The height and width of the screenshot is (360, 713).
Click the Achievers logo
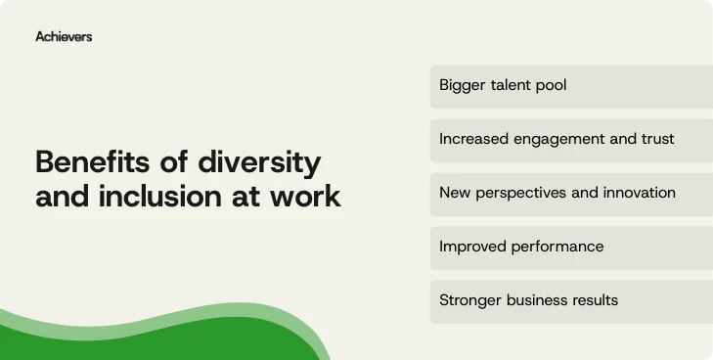[x=64, y=36]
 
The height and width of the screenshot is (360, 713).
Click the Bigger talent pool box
[x=571, y=86]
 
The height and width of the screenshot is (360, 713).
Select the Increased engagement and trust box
[x=571, y=140]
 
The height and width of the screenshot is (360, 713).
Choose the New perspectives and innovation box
[x=571, y=193]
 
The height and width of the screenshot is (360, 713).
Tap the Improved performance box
[x=571, y=247]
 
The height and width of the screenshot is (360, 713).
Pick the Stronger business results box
[x=571, y=300]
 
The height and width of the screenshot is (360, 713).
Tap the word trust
[x=655, y=139]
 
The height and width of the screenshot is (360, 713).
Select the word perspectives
[x=520, y=194]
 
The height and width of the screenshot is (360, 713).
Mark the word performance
[x=557, y=247]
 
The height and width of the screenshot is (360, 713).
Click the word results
[x=593, y=300]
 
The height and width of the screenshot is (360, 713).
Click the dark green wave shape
[x=147, y=342]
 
